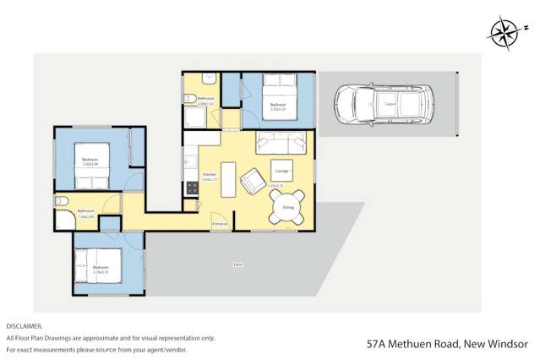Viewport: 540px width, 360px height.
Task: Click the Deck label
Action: pyautogui.click(x=238, y=265)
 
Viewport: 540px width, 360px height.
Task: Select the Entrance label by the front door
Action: pyautogui.click(x=219, y=223)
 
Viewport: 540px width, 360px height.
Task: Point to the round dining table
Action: pyautogui.click(x=287, y=205)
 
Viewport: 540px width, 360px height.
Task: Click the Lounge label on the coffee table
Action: pyautogui.click(x=281, y=171)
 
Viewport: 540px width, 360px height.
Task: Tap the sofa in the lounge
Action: pyautogui.click(x=284, y=141)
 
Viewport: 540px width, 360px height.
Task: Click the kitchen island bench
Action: pyautogui.click(x=228, y=179)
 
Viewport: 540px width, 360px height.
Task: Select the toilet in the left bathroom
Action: pyautogui.click(x=61, y=202)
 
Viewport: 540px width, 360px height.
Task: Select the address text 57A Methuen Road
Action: pyautogui.click(x=413, y=344)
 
